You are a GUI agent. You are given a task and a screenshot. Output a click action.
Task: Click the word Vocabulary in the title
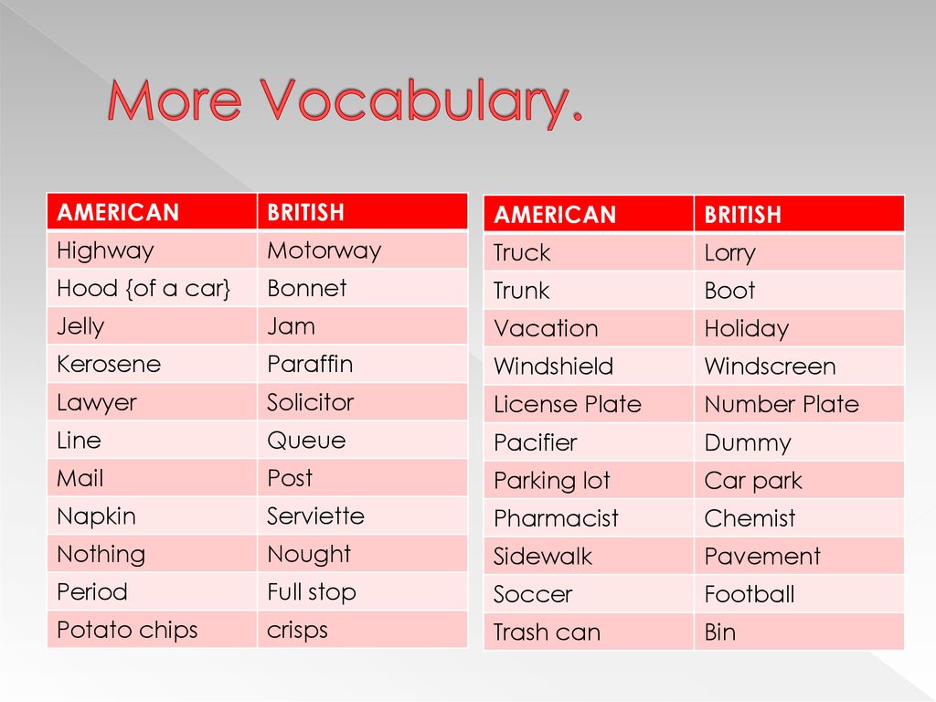tap(420, 101)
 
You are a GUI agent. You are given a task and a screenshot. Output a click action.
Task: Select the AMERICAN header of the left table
tap(118, 212)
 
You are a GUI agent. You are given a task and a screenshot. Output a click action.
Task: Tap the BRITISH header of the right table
tap(742, 215)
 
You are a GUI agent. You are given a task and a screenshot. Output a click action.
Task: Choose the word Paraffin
tap(310, 364)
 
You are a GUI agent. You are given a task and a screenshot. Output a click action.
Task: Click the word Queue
tap(306, 441)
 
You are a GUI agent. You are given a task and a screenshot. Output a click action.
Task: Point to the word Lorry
tap(729, 253)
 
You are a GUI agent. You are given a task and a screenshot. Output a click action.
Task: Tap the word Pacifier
tap(536, 443)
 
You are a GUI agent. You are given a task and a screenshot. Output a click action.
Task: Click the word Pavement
tap(762, 557)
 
